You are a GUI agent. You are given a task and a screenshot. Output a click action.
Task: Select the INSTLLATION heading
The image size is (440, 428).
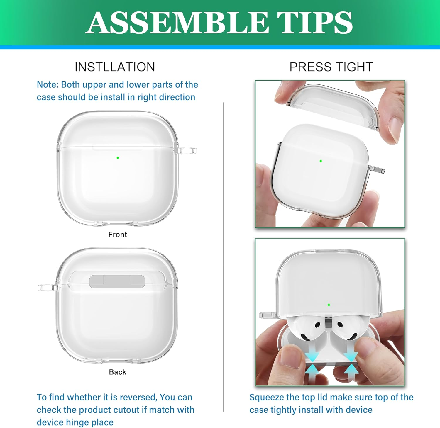coord(115,67)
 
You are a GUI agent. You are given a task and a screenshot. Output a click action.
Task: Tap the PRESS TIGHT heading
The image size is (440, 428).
coord(331,67)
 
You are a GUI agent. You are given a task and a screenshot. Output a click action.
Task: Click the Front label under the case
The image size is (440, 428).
coord(117,235)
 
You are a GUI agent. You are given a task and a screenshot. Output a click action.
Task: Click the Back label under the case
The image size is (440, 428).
coord(117,372)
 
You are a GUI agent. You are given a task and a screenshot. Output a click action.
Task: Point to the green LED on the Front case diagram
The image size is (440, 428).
coord(118,158)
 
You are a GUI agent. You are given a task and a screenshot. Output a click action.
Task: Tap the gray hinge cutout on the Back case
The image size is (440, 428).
coord(117,281)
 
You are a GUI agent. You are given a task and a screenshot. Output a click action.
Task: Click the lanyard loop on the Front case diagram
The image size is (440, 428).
coord(188,151)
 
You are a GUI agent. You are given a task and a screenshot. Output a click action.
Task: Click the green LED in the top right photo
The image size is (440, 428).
coord(321,161)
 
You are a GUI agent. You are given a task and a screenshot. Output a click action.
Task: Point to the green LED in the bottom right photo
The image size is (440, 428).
coord(329,305)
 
